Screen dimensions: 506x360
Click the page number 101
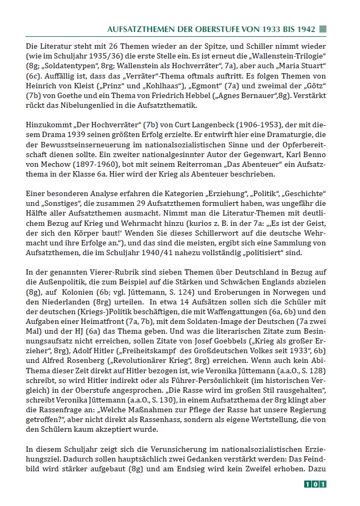(x=315, y=484)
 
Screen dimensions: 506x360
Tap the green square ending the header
(x=322, y=27)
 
